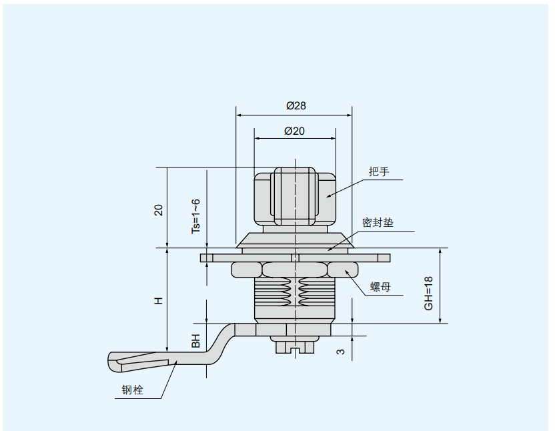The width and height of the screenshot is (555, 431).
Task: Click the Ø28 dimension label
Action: [296, 105]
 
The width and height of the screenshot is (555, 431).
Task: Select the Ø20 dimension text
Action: [294, 131]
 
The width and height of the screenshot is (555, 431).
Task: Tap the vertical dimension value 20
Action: [159, 209]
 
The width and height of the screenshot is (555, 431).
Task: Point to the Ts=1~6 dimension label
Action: [195, 215]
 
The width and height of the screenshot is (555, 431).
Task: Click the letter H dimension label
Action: [159, 301]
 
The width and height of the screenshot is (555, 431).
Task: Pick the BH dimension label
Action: [196, 340]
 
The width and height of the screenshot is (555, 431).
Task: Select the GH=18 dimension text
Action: [429, 292]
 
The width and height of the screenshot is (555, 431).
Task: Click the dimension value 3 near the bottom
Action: [341, 351]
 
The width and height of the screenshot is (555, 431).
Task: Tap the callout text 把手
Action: [378, 171]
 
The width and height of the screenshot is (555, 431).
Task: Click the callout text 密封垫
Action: [378, 222]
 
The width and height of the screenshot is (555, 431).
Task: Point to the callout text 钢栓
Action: [133, 390]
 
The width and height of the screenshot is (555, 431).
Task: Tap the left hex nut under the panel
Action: [246, 270]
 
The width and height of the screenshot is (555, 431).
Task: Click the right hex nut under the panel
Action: [342, 270]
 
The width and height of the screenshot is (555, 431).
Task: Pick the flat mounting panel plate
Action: [294, 258]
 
